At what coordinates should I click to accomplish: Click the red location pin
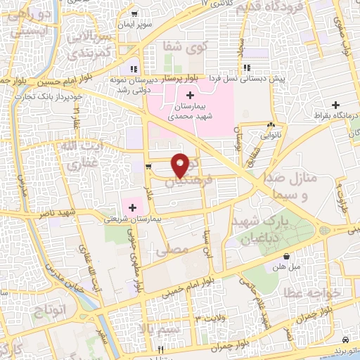181,165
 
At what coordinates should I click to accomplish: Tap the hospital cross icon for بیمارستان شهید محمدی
191,94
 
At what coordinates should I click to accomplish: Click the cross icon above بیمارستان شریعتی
132,207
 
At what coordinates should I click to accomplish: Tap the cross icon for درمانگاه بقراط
335,105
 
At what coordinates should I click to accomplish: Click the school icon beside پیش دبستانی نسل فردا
247,68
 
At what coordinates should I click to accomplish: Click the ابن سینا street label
207,243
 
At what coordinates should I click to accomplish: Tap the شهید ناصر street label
77,212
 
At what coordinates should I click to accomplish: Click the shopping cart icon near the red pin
148,167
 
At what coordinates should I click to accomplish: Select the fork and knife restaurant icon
161,349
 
